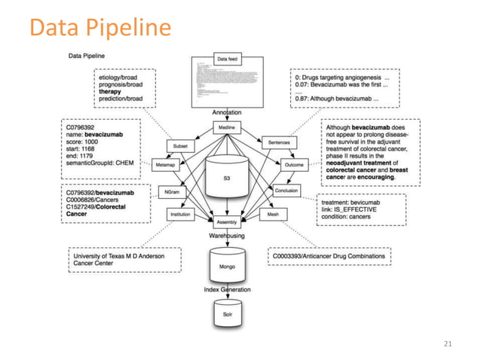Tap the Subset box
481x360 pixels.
[180, 146]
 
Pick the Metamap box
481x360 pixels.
[165, 164]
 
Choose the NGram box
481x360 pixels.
[171, 193]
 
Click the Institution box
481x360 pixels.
[180, 215]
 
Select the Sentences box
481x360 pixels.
[274, 142]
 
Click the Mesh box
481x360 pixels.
[273, 215]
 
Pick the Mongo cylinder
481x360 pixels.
[226, 266]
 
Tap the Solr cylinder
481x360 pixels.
[226, 311]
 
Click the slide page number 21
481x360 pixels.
[449, 344]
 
